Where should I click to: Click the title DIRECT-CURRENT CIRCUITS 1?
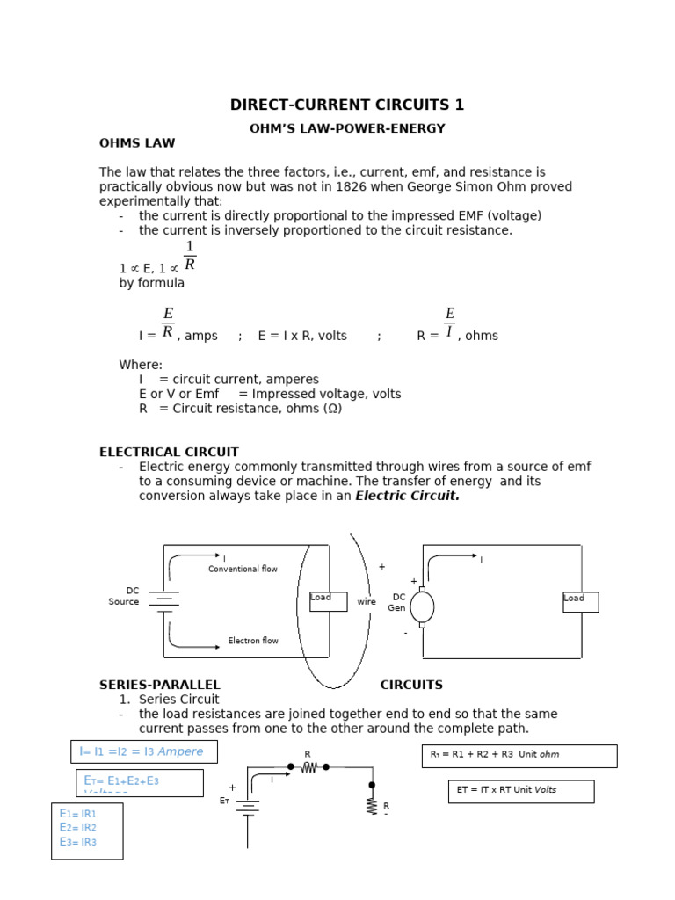[x=347, y=105]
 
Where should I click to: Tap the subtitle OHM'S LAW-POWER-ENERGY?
[x=347, y=129]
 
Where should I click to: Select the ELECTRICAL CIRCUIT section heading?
[x=169, y=453]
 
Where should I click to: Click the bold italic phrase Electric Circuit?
[x=407, y=496]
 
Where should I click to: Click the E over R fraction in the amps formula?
[x=168, y=323]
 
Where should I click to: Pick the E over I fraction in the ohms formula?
[x=449, y=323]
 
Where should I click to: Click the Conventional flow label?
[x=243, y=570]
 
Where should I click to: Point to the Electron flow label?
[x=253, y=641]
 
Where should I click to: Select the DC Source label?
[x=124, y=597]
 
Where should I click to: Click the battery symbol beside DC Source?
[x=163, y=601]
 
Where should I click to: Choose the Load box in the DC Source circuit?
[x=328, y=601]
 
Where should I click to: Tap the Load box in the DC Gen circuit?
[x=580, y=601]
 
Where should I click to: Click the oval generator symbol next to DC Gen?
[x=422, y=606]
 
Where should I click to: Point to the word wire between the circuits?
[x=367, y=602]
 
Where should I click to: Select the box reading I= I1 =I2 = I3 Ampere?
[x=143, y=751]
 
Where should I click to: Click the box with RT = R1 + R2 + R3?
[x=519, y=756]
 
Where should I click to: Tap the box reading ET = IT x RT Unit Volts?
[x=520, y=791]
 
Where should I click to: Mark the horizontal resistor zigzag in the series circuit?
[x=308, y=767]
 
